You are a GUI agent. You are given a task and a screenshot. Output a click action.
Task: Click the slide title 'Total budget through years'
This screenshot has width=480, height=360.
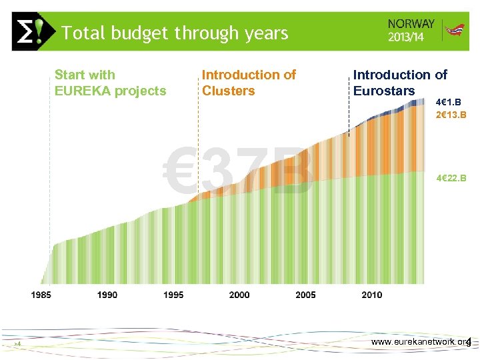175,33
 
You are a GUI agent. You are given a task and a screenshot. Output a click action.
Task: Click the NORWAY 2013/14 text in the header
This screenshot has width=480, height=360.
411,29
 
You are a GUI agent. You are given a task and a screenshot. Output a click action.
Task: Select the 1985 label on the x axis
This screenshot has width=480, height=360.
42,295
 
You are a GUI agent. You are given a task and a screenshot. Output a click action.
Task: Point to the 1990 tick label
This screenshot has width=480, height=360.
107,295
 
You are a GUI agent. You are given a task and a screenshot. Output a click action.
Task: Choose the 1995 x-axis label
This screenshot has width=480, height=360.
173,295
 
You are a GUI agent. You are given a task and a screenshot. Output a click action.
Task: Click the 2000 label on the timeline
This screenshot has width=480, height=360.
239,295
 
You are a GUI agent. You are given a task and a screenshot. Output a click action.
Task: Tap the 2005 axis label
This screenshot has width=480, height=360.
305,295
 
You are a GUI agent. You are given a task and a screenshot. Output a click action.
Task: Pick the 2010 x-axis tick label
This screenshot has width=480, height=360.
372,295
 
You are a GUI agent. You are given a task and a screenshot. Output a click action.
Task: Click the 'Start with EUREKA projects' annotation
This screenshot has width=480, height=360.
110,83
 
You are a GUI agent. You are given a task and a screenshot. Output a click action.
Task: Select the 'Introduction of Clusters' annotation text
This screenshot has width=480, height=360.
249,83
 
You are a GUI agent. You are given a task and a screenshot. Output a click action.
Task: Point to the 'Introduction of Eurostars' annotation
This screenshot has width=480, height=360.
400,83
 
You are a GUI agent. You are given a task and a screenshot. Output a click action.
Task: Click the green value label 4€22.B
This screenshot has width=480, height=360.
451,179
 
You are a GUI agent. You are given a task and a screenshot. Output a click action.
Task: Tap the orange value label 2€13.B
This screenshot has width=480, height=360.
451,115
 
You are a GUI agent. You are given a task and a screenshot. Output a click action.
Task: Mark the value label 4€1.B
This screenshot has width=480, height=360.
448,103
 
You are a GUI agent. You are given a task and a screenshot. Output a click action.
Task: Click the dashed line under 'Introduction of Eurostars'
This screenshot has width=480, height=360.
349,117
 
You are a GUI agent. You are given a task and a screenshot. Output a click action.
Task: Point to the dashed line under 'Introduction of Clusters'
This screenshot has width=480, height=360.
198,147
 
